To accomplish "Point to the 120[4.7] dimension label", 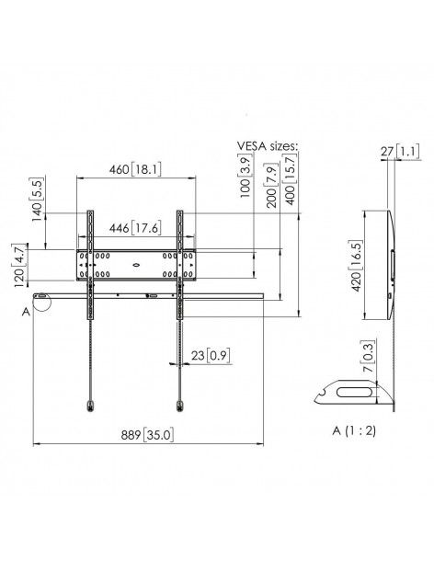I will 19,266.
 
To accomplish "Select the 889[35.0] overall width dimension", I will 148,434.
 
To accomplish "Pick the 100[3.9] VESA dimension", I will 246,180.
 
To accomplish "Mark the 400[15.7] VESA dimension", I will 293,182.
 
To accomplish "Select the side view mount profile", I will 391,262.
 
